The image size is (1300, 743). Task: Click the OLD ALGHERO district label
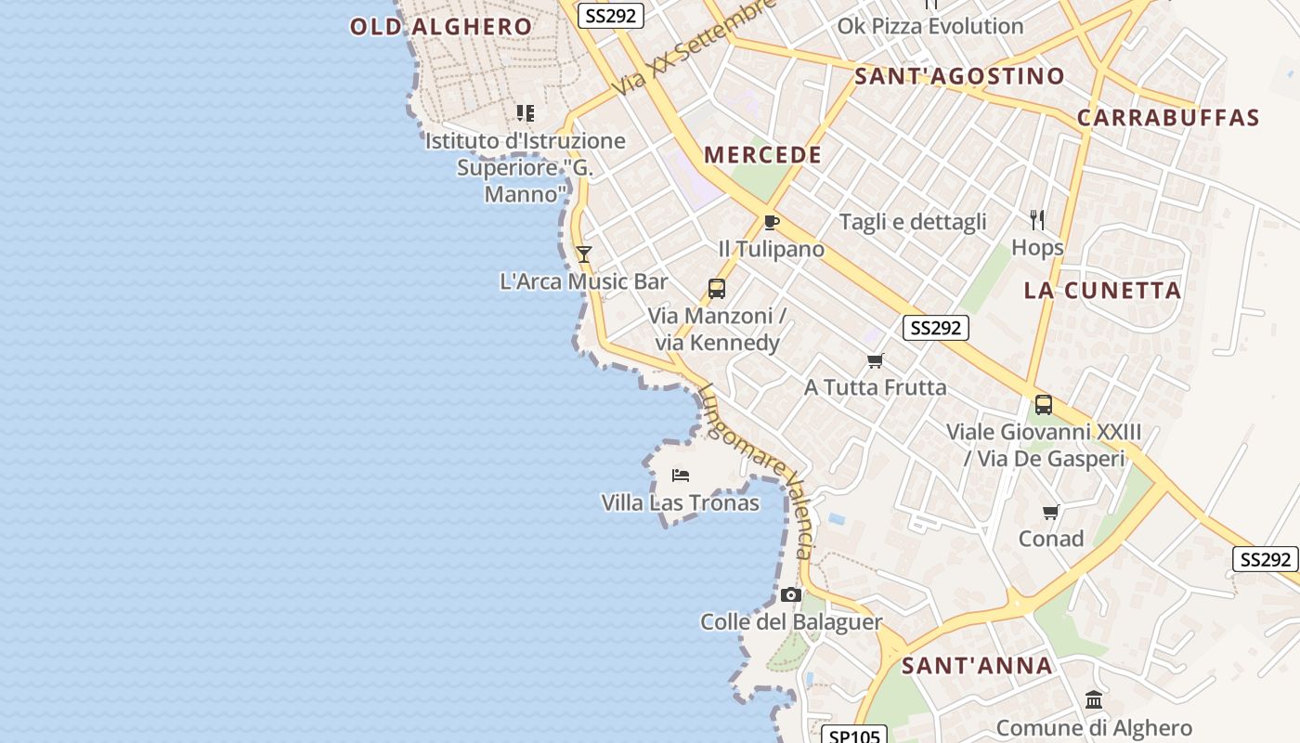[x=441, y=26]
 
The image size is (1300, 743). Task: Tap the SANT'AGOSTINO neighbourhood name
[x=959, y=76]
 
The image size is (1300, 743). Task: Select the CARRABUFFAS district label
[x=1168, y=118]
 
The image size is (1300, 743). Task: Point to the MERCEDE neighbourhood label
[x=763, y=155]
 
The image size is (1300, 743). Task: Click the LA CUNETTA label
[x=1102, y=291]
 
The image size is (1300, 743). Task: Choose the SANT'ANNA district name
[x=978, y=665]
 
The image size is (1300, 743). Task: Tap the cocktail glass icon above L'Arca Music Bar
[x=584, y=254]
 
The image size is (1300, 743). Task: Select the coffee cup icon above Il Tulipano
[x=771, y=222]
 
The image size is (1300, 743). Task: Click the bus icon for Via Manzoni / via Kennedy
[x=716, y=288]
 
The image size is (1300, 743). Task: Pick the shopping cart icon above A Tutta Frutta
[x=875, y=360]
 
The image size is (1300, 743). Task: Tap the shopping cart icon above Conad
[x=1051, y=512]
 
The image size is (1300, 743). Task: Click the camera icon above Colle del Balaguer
[x=791, y=594]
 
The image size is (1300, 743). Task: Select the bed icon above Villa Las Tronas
[x=681, y=476]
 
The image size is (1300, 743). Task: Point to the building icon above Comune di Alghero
[x=1094, y=700]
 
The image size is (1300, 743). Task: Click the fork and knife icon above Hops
[x=1037, y=220]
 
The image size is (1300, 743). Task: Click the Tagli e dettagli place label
[x=913, y=222]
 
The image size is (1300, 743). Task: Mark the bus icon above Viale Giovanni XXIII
[x=1044, y=405]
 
